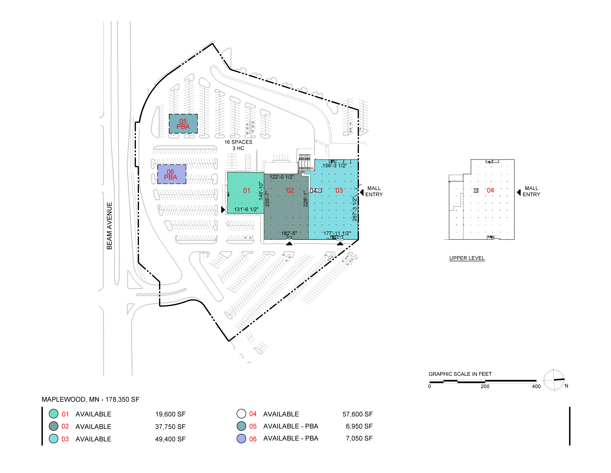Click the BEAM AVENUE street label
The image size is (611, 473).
click(x=109, y=226)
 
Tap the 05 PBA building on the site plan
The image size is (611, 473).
click(x=183, y=124)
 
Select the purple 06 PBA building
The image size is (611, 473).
click(x=172, y=174)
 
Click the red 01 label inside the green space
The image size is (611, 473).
click(x=246, y=191)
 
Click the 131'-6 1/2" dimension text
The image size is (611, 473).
click(x=246, y=209)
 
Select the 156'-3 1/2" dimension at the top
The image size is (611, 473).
click(x=335, y=166)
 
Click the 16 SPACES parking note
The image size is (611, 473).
click(x=238, y=142)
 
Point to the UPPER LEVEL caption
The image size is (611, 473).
click(x=467, y=258)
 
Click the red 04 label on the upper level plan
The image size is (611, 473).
click(x=490, y=191)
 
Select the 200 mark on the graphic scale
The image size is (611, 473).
click(x=485, y=386)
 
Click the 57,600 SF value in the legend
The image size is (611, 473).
click(x=358, y=414)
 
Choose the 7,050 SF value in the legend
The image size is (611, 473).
click(x=359, y=438)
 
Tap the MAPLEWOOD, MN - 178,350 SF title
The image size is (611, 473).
click(x=90, y=399)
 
